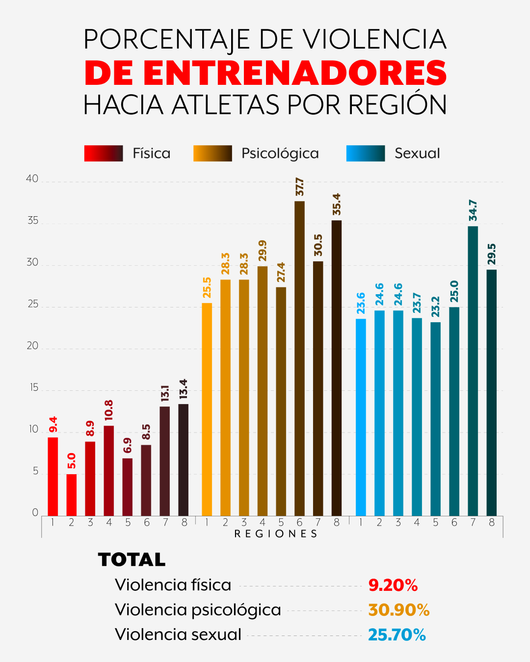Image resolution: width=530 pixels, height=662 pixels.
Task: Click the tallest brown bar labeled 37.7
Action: click(299, 358)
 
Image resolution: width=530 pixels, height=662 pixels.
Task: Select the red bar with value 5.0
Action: click(72, 494)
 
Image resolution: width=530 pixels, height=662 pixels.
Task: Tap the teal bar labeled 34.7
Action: click(473, 370)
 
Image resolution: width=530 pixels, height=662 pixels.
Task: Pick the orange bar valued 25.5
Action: click(207, 409)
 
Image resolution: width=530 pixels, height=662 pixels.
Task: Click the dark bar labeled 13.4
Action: click(183, 459)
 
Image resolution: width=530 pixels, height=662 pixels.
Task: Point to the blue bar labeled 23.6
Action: click(361, 417)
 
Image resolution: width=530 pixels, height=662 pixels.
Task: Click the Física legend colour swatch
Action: click(104, 153)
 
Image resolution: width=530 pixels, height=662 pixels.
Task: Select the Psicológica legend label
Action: click(280, 153)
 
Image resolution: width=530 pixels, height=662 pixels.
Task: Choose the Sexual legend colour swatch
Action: click(366, 153)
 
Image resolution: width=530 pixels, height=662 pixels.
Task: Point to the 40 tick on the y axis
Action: click(32, 179)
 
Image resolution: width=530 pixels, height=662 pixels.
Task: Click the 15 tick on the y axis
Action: click(33, 388)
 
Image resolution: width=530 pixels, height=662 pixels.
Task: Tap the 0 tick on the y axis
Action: click(35, 513)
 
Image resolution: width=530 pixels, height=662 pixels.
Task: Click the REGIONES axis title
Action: click(276, 534)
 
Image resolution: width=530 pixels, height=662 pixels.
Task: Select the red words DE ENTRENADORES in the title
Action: click(265, 73)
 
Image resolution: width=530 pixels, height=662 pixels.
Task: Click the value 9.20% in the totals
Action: click(393, 585)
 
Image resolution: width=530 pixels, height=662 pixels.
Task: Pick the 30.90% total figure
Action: click(399, 610)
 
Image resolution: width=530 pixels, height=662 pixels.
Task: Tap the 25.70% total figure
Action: click(397, 635)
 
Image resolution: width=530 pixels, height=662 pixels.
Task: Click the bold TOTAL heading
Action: click(132, 560)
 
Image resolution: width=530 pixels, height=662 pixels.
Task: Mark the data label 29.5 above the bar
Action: click(492, 254)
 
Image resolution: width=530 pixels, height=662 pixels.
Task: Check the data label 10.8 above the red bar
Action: click(108, 410)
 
